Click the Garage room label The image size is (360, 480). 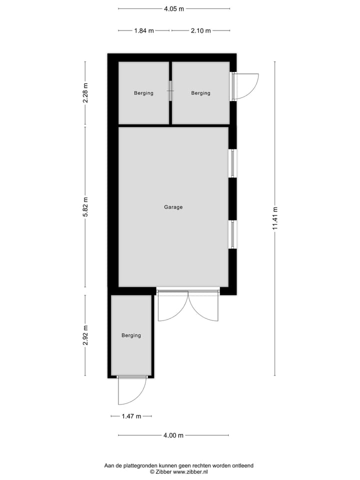coord(173,207)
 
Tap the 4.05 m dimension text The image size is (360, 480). coord(173,8)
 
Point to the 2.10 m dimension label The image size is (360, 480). coord(200,30)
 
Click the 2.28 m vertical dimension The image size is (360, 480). coord(85,93)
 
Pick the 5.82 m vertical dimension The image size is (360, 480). coord(85,206)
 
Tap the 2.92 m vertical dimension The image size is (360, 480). coord(85,335)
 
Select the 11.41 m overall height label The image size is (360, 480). coord(274,218)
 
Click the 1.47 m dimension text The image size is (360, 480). coord(131,416)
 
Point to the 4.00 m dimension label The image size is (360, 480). coord(173,435)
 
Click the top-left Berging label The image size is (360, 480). coord(143,93)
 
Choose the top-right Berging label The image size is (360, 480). coord(200,93)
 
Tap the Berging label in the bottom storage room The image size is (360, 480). coord(131,335)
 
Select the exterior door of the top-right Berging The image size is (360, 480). coord(245,86)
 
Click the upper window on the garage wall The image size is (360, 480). coord(232,163)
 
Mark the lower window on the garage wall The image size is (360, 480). coord(232,234)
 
